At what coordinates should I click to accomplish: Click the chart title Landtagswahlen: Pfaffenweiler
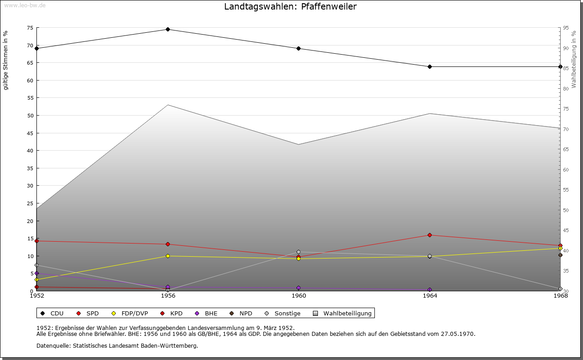coord(291,7)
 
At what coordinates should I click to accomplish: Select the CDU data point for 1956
coord(168,30)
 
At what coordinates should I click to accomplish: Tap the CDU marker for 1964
coord(430,67)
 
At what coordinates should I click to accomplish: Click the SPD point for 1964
coord(430,235)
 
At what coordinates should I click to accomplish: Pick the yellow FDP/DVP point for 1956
coord(168,256)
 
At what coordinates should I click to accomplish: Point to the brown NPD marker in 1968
coord(560,255)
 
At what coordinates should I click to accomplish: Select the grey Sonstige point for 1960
coord(299,252)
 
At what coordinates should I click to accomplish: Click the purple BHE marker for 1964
coord(430,290)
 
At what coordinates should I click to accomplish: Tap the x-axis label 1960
coord(299,296)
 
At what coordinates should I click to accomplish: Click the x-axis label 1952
coord(37,296)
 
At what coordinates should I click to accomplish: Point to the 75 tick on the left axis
coord(30,28)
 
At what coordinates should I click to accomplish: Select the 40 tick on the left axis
coord(30,151)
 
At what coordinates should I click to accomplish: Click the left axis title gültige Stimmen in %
coord(6,60)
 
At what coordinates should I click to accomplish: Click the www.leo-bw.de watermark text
coord(24,5)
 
